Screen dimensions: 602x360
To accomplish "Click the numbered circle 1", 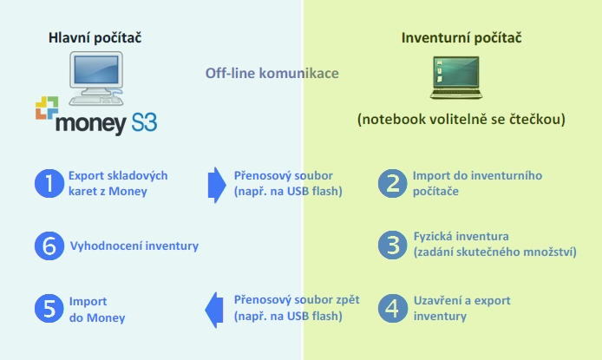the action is [49, 183].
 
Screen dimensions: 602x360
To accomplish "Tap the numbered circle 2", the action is [392, 183].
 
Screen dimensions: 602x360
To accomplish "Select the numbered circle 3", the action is [392, 245].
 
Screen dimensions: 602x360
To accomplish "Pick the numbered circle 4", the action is [392, 308].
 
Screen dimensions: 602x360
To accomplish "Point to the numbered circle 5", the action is [49, 308].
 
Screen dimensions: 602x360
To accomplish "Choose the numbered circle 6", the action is [49, 245].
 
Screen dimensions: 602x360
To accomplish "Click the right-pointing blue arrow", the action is [217, 185].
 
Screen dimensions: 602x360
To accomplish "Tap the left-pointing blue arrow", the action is [214, 310].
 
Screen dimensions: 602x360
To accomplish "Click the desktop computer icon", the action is [96, 78].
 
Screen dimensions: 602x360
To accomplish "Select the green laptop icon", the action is [456, 77].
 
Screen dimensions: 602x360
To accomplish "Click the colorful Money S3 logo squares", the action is [47, 108].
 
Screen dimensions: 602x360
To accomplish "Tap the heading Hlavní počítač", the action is [95, 37].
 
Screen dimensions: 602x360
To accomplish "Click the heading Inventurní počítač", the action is [461, 37].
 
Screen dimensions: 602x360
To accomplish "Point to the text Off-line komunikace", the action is [272, 73].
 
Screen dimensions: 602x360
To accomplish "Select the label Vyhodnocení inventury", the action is [134, 245].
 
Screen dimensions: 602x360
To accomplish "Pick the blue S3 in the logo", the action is [144, 123].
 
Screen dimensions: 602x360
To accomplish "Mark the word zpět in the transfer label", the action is [348, 300].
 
